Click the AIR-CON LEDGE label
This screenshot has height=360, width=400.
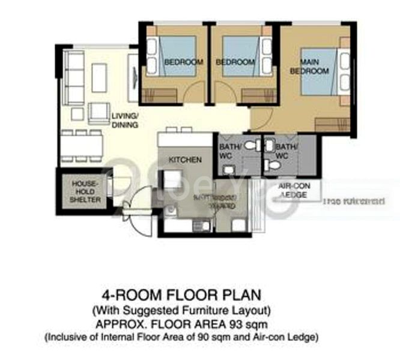tap(294, 190)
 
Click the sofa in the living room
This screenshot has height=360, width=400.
tap(74, 79)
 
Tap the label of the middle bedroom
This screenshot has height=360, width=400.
tap(235, 62)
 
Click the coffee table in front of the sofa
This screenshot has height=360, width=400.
tap(99, 76)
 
